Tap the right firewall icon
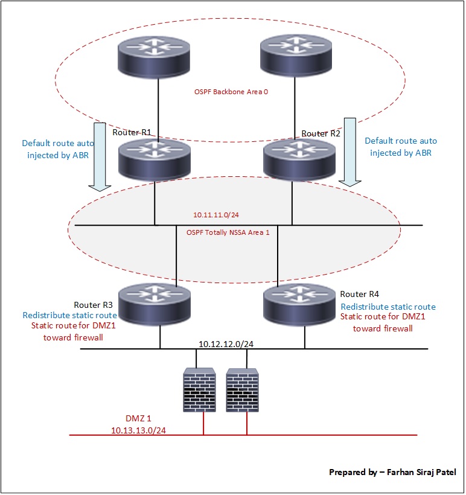[243, 390]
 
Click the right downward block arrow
[349, 151]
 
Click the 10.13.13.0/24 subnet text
[138, 430]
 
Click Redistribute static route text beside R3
[69, 315]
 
